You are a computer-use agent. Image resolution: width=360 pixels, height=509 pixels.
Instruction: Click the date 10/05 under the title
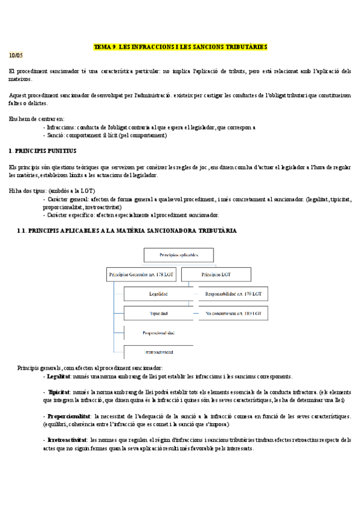[x=16, y=55]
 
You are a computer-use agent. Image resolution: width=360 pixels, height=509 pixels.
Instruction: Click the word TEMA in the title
[x=103, y=46]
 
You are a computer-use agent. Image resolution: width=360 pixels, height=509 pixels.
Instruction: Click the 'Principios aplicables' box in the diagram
[x=178, y=254]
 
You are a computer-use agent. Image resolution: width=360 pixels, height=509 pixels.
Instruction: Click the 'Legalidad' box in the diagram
[x=159, y=294]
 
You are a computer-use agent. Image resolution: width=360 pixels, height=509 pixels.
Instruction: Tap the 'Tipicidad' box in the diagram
[x=159, y=314]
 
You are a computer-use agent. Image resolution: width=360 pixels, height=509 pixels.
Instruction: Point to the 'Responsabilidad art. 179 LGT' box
[x=233, y=294]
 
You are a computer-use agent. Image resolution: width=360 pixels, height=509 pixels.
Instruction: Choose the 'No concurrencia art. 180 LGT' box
[x=233, y=314]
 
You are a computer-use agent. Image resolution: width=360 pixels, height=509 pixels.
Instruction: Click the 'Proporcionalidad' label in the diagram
[x=158, y=333]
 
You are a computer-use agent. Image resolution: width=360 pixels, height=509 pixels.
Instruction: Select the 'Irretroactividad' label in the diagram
[x=158, y=352]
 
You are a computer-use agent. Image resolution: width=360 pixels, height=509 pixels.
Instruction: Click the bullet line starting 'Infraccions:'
[x=150, y=127]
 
